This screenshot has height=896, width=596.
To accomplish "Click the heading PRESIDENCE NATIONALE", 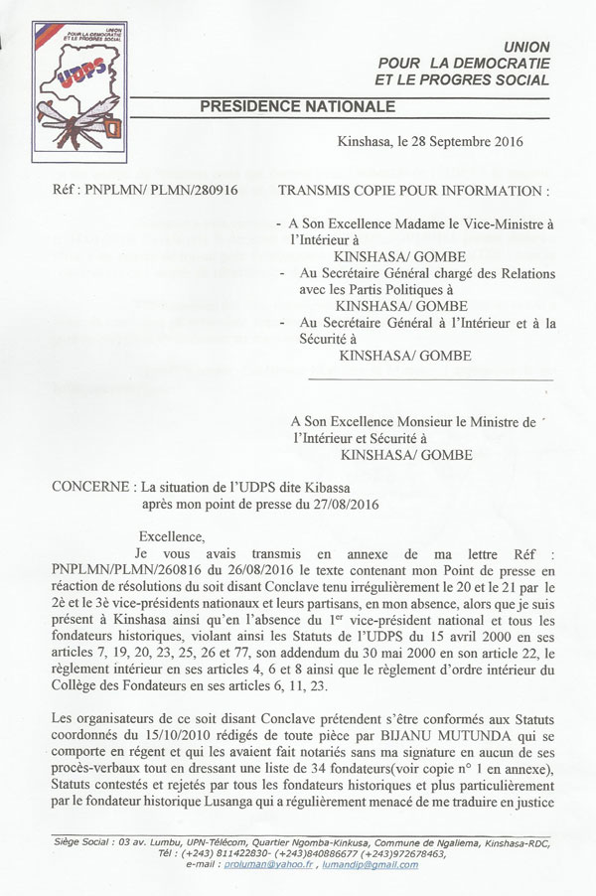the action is point(297,106).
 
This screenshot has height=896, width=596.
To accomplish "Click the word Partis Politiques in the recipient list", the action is point(397,289).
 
